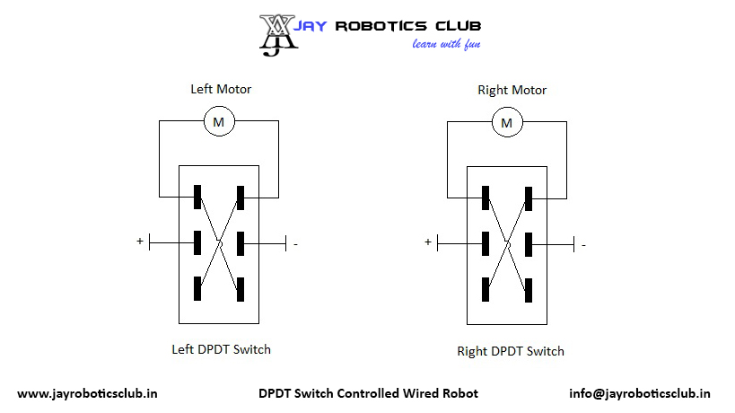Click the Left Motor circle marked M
[x=219, y=120]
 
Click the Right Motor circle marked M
[x=507, y=121]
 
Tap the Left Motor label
[x=221, y=89]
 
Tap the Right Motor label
[x=512, y=90]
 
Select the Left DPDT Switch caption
[x=221, y=349]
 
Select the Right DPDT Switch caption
[x=511, y=351]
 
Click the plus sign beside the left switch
[x=139, y=242]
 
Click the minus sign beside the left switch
[x=296, y=243]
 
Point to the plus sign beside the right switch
[x=427, y=242]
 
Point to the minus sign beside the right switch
[x=583, y=244]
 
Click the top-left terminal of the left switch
[x=197, y=198]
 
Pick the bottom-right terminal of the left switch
[x=241, y=289]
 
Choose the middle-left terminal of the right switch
[x=486, y=243]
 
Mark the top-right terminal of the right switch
[x=529, y=198]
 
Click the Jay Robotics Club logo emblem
[x=278, y=34]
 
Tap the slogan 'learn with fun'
[x=440, y=44]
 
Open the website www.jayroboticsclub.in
[x=89, y=393]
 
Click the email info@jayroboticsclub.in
[x=640, y=393]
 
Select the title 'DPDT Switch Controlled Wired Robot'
[x=368, y=393]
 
